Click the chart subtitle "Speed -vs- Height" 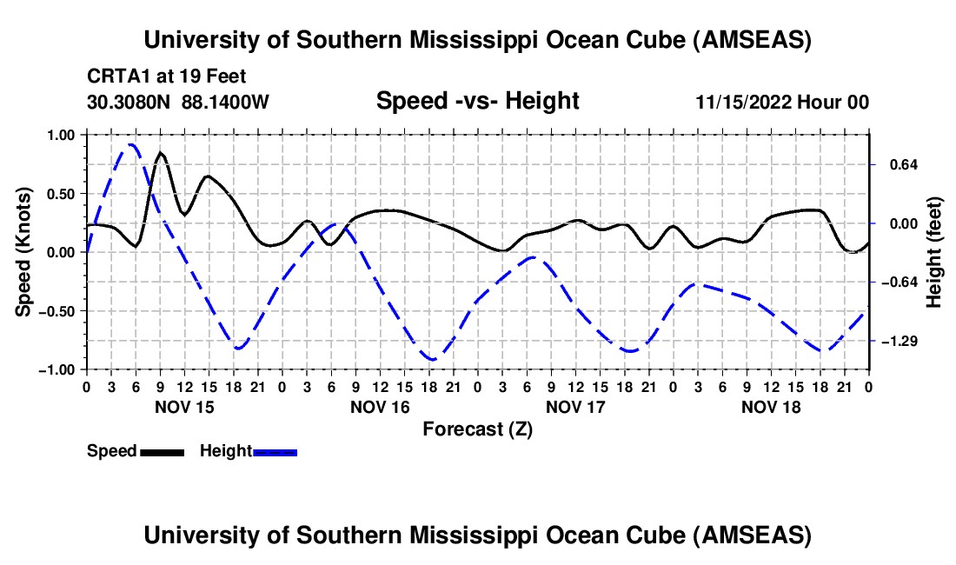coord(477,101)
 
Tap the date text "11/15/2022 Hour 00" coord(782,103)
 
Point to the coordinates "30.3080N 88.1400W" coord(178,103)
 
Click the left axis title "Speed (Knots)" coord(25,251)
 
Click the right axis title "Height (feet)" coord(933,251)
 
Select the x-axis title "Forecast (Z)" coord(477,429)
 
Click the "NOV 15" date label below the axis coord(184,406)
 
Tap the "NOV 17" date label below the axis coord(575,406)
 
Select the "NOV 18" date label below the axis coord(771,406)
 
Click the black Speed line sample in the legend coord(162,451)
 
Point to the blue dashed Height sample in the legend coord(276,451)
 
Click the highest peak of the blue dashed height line coord(130,144)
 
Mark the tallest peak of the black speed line coord(161,153)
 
